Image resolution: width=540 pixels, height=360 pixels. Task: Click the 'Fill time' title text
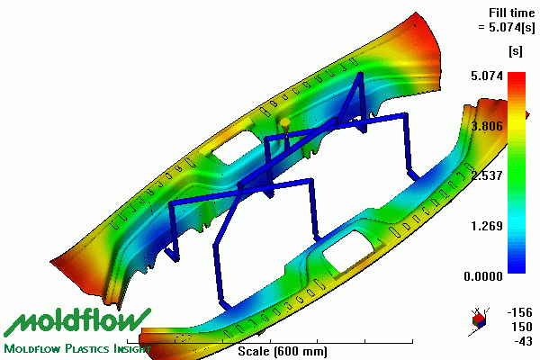coord(512,13)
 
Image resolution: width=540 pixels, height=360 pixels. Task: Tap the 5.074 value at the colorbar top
coord(487,76)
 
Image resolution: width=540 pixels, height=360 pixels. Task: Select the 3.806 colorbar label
coord(487,126)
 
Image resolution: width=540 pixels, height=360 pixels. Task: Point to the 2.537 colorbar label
coord(487,175)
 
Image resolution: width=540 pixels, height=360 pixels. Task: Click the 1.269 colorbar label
coord(487,226)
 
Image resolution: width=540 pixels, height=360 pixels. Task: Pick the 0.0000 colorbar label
coord(483,276)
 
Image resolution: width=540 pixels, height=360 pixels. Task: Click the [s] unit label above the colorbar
coord(516,51)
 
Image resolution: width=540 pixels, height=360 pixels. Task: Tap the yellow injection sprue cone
coord(285,125)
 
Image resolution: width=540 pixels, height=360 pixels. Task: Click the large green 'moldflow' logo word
coord(77,322)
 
